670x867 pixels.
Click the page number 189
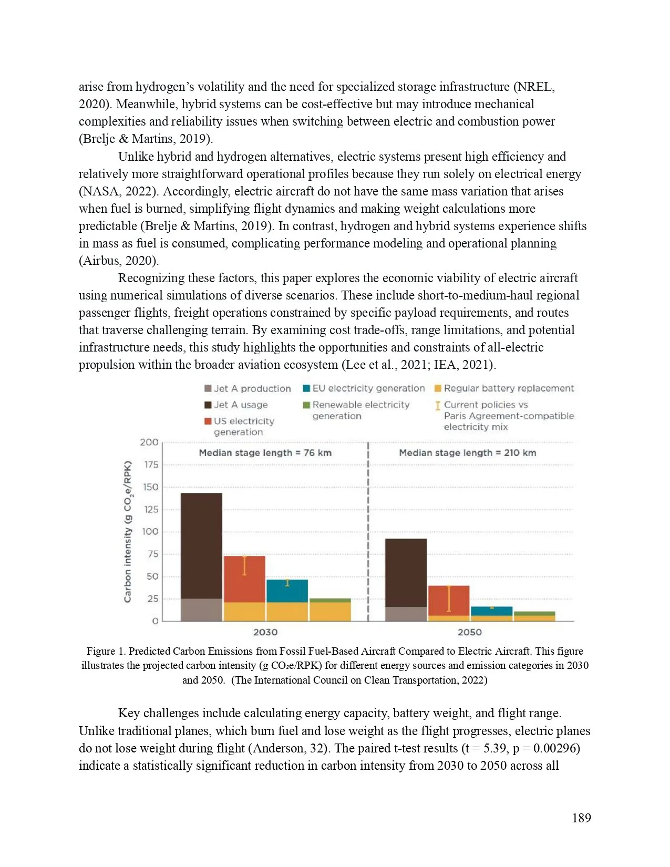pyautogui.click(x=581, y=818)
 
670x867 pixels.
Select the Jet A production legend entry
pyautogui.click(x=248, y=389)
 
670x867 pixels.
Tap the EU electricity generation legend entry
pyautogui.click(x=364, y=388)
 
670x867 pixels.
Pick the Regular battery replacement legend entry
pyautogui.click(x=504, y=388)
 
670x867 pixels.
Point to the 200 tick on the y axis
pyautogui.click(x=149, y=442)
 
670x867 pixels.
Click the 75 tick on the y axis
pyautogui.click(x=152, y=554)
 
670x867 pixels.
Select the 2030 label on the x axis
pyautogui.click(x=265, y=632)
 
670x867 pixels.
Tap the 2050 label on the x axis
pyautogui.click(x=469, y=632)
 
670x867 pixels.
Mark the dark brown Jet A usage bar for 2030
pyautogui.click(x=201, y=545)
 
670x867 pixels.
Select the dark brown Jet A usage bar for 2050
pyautogui.click(x=406, y=573)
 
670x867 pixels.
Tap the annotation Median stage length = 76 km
pyautogui.click(x=265, y=453)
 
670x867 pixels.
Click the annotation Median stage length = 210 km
pyautogui.click(x=467, y=453)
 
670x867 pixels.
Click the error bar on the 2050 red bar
pyautogui.click(x=449, y=598)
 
